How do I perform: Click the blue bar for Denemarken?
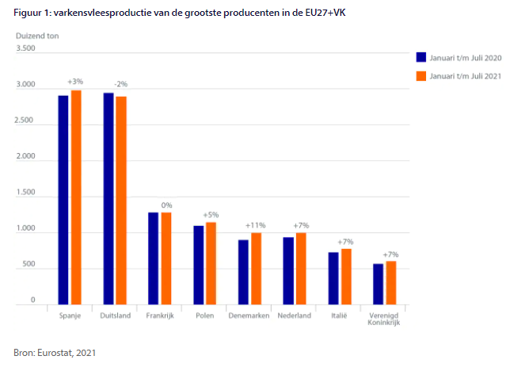pos(244,272)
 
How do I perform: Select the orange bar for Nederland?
pos(302,269)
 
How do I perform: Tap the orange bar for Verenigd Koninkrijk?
pos(391,283)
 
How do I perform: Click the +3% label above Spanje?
pos(75,82)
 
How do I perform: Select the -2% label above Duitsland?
pos(120,84)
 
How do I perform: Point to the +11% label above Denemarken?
pos(255,225)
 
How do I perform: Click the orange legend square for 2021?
pos(421,76)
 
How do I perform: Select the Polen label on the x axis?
pos(205,316)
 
